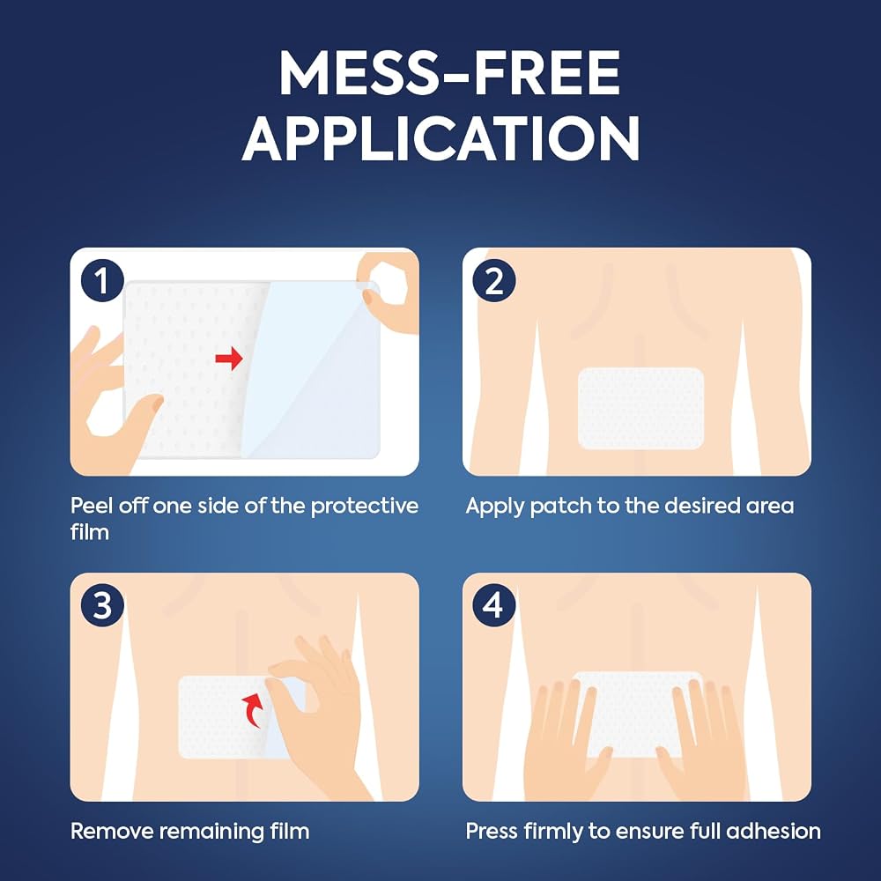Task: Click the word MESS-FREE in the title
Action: click(x=449, y=73)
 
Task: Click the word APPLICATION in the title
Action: click(x=441, y=138)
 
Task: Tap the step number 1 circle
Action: click(x=102, y=280)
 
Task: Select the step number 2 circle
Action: click(x=494, y=280)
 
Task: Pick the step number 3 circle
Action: click(x=102, y=605)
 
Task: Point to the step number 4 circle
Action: click(x=494, y=605)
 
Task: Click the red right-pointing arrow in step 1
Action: click(x=229, y=358)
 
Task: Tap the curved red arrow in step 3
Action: click(x=253, y=709)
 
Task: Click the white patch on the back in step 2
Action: click(x=640, y=409)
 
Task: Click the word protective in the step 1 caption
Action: click(x=365, y=507)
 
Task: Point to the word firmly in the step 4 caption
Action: click(x=553, y=832)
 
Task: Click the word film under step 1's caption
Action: click(x=89, y=531)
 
